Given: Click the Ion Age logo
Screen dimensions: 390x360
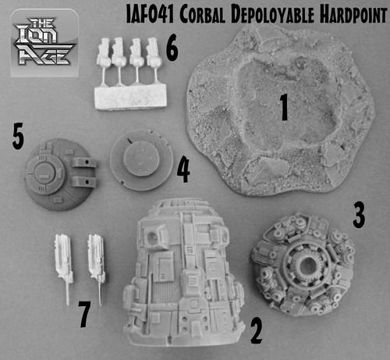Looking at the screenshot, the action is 44,43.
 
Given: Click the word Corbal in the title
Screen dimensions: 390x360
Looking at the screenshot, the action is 202,15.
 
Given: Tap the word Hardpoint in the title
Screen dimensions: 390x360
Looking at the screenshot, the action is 353,15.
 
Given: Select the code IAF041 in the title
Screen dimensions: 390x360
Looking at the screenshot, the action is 150,15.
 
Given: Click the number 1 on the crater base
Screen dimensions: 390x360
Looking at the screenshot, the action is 284,107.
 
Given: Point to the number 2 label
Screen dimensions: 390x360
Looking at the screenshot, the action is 257,330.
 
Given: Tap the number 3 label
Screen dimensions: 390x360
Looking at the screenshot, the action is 359,215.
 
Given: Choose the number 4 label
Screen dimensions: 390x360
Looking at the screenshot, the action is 183,169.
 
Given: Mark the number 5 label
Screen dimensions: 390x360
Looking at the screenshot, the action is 18,136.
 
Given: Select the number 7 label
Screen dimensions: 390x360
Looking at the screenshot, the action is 84,314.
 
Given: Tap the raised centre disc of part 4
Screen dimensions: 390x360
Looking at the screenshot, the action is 141,159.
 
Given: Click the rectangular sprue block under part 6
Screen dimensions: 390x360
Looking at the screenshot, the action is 130,97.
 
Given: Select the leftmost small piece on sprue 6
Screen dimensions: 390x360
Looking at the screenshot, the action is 104,52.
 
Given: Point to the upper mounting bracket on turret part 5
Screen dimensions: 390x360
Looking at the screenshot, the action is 83,162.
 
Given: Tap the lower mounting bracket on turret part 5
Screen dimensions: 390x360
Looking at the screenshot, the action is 83,182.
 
